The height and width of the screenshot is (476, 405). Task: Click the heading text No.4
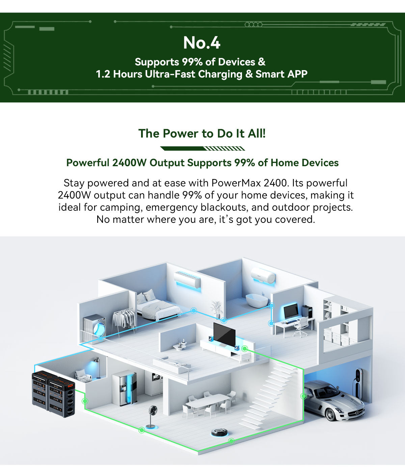[x=202, y=43]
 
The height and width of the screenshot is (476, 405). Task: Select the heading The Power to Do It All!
[x=202, y=133]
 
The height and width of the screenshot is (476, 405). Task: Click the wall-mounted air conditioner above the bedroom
[x=187, y=279]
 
